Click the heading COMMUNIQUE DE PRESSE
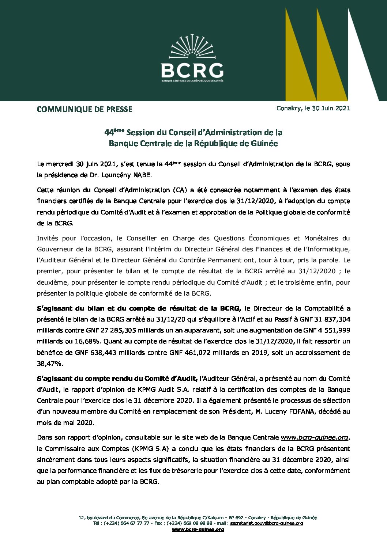(x=84, y=109)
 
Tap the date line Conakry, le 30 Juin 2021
(x=313, y=108)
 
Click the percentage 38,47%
(x=50, y=364)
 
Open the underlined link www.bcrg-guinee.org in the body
(x=314, y=437)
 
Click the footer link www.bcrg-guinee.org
(x=198, y=529)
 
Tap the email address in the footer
(x=267, y=523)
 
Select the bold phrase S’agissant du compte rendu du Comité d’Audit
(x=117, y=379)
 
